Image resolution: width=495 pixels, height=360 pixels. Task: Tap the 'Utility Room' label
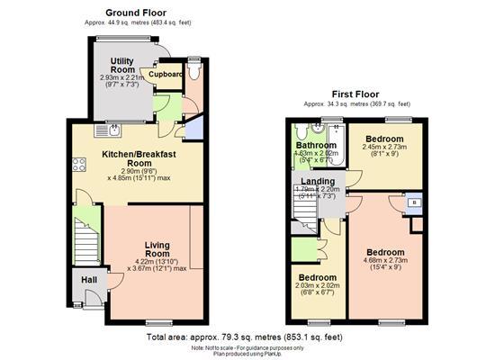click(121, 65)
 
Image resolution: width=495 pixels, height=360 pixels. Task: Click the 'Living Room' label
click(157, 249)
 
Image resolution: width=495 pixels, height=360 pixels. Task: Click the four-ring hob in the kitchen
click(79, 166)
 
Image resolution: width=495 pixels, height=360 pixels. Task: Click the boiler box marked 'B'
click(414, 203)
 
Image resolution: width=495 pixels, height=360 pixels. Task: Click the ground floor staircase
click(87, 243)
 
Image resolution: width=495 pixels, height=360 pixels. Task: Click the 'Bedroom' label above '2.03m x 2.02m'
click(317, 277)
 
